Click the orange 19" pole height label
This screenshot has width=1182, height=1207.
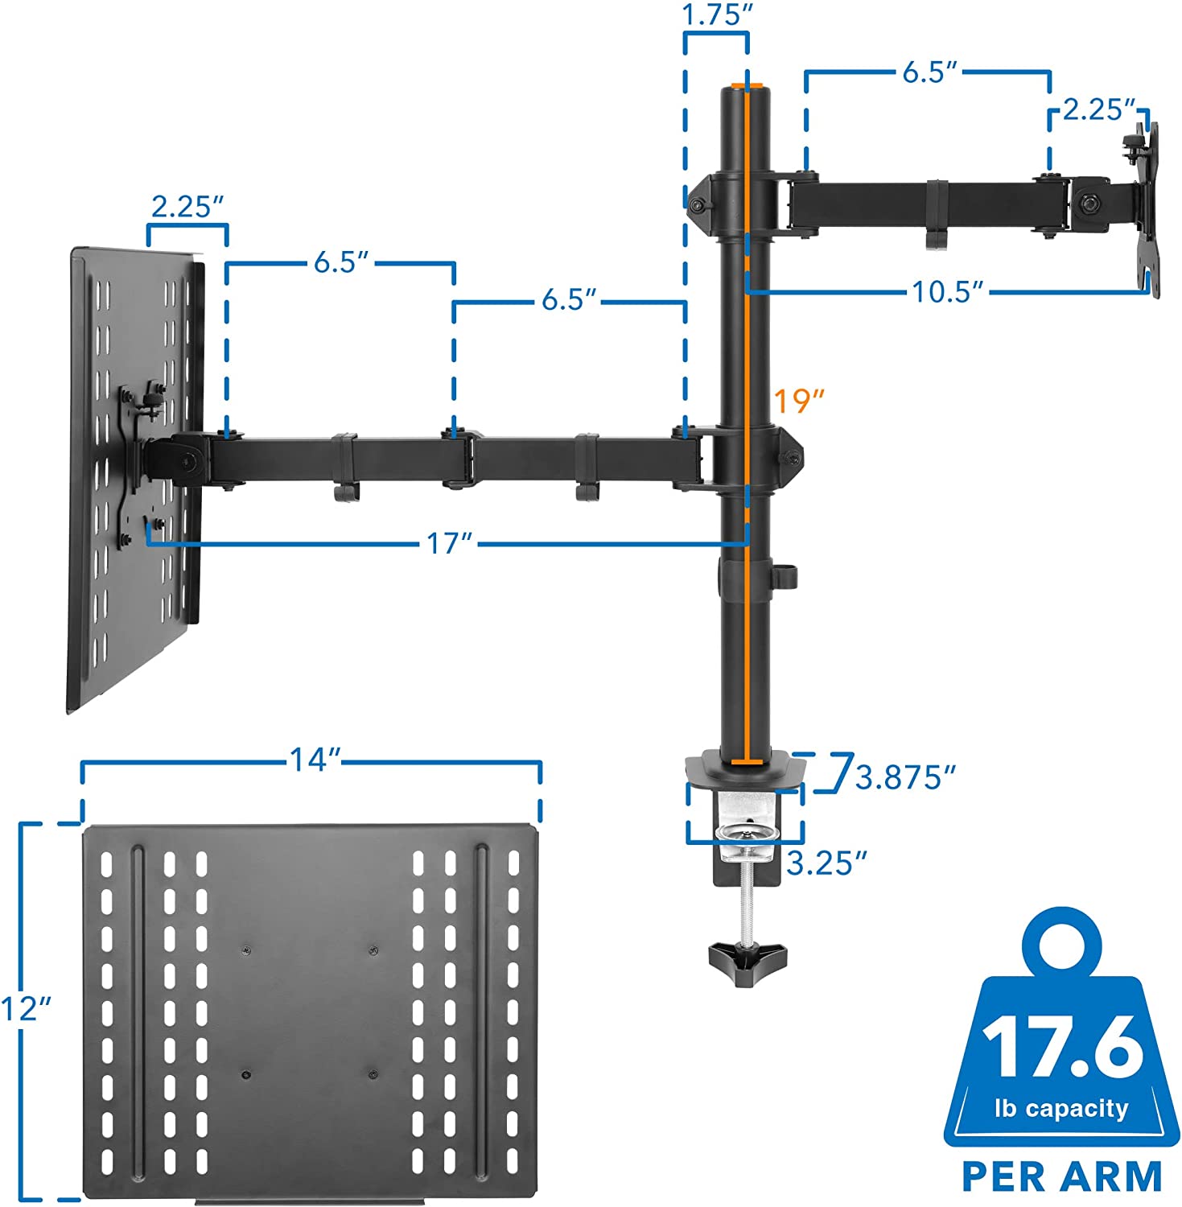[800, 399]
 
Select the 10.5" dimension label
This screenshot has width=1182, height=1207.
[948, 291]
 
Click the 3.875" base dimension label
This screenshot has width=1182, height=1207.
[905, 777]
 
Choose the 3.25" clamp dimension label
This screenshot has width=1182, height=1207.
[827, 863]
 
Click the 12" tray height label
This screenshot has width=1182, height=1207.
[27, 1008]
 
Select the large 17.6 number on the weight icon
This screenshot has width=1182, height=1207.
[1062, 1047]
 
